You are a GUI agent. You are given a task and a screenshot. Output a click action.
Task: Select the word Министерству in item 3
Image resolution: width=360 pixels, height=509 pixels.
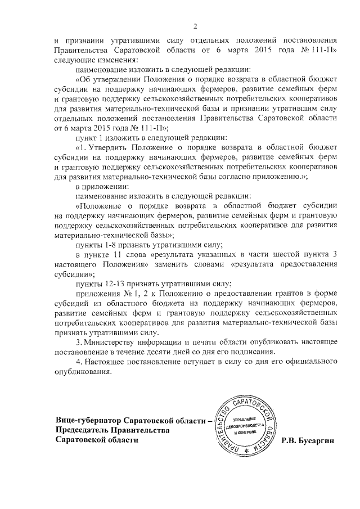(114, 343)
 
